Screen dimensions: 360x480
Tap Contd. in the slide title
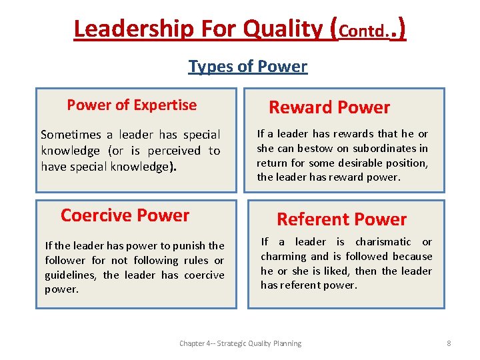point(365,31)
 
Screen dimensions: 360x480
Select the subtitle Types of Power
point(247,67)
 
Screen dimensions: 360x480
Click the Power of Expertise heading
point(132,105)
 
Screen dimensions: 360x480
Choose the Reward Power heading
point(329,107)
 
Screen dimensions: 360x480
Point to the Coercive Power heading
point(125,215)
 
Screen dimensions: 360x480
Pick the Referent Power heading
point(341,219)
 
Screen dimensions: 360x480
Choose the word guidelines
point(71,275)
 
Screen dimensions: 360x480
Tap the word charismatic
point(383,241)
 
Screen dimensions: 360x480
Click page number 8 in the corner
point(449,343)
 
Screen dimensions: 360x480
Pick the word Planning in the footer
point(285,343)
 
